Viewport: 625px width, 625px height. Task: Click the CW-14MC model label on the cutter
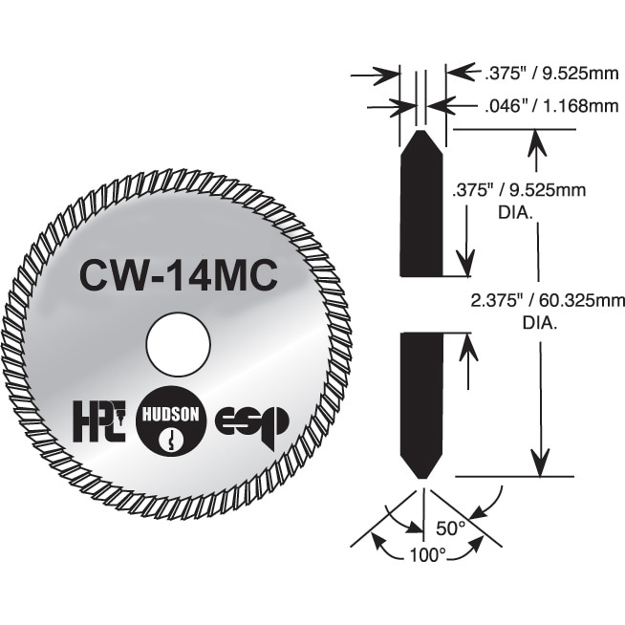click(179, 275)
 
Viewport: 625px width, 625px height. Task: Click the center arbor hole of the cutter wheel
click(178, 344)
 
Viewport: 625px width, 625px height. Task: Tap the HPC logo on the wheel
click(99, 421)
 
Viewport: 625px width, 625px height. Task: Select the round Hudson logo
click(171, 422)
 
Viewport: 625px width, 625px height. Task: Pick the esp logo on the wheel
click(252, 428)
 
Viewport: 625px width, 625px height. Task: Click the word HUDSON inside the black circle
click(171, 415)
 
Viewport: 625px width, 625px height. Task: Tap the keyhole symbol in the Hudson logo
click(171, 440)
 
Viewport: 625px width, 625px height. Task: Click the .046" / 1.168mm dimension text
click(551, 106)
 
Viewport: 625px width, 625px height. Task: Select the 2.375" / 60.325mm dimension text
click(548, 300)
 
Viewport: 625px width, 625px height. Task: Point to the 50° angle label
click(451, 528)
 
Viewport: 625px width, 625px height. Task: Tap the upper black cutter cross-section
click(421, 203)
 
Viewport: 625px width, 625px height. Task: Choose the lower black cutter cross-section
click(421, 406)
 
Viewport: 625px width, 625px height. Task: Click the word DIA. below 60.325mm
click(540, 323)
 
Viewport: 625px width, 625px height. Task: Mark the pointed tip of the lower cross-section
click(422, 479)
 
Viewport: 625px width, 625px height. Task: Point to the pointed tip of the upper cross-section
click(421, 130)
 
